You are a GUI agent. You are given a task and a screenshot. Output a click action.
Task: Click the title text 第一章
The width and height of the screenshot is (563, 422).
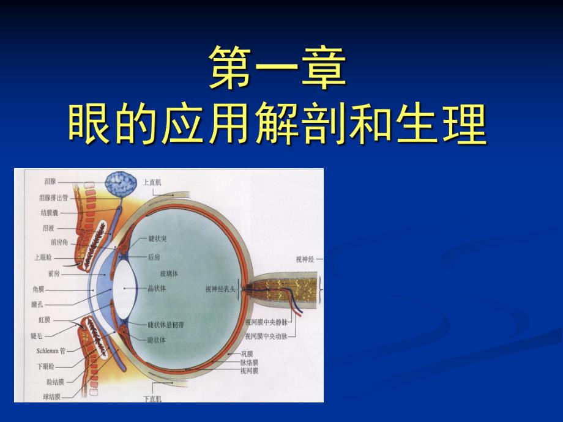[x=278, y=68]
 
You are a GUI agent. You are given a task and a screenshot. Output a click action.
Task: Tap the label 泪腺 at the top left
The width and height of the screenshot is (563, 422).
[x=51, y=182]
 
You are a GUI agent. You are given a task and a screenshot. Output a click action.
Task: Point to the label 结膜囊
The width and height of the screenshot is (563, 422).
[x=50, y=213]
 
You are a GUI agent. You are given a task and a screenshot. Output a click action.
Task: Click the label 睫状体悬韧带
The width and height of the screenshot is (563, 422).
[x=166, y=324]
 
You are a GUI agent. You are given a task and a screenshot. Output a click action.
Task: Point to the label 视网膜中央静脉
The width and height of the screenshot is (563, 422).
[x=268, y=321]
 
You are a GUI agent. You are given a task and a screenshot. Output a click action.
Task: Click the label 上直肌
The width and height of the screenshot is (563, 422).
[x=152, y=182]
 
